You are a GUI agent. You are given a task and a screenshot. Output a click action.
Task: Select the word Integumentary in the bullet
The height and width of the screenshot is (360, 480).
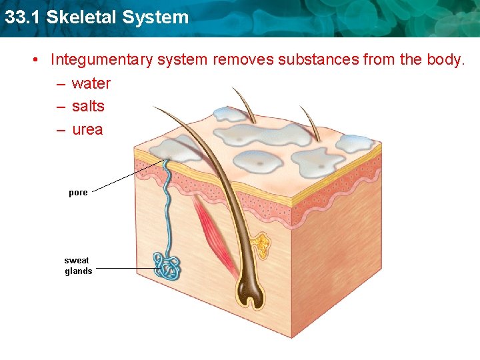click(101, 60)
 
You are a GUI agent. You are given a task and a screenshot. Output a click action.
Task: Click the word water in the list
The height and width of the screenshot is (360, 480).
click(91, 83)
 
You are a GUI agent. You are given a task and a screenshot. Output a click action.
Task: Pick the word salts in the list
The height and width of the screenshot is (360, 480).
click(88, 106)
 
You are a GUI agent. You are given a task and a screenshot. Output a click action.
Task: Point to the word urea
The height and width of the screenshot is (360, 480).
click(87, 129)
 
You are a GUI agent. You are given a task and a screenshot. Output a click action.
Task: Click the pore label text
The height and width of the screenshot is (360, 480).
click(78, 193)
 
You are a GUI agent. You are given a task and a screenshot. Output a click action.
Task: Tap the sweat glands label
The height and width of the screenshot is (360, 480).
click(78, 266)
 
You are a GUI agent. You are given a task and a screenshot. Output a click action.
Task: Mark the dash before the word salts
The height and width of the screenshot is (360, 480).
click(61, 107)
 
